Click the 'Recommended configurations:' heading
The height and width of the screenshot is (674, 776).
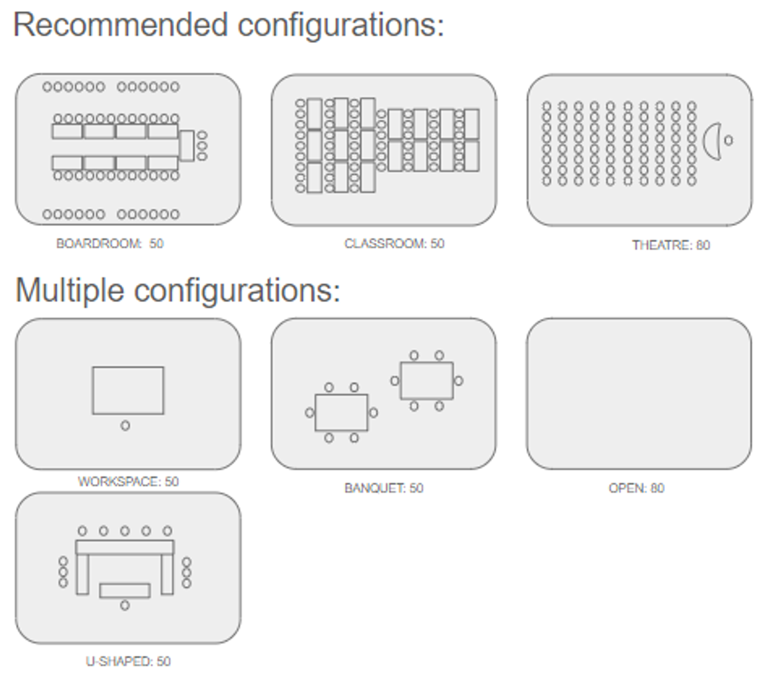point(229,25)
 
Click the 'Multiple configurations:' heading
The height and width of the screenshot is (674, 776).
point(178,290)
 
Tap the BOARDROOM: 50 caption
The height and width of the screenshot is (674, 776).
point(110,244)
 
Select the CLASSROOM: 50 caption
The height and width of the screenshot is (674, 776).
point(394,244)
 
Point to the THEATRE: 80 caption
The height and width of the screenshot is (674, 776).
point(671,245)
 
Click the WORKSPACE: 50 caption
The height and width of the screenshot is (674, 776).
point(128,482)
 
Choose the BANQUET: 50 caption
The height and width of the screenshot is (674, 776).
point(384,489)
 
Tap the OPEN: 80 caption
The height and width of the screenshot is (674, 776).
point(637,489)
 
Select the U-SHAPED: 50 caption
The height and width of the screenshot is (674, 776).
point(128,661)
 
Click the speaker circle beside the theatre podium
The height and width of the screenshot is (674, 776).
point(728,141)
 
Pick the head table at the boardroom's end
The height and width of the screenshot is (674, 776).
point(187,145)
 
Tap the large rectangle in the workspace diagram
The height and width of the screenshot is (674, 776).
point(128,390)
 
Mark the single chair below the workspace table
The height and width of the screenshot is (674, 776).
point(125,426)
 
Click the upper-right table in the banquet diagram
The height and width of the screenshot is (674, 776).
point(426,381)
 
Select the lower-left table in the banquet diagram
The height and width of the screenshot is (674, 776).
point(341,412)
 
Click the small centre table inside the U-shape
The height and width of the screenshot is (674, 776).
point(125,590)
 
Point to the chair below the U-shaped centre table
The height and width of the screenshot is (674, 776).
point(125,606)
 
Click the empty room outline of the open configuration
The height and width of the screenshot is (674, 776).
point(639,394)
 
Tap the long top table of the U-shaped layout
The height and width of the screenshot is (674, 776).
point(125,547)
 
